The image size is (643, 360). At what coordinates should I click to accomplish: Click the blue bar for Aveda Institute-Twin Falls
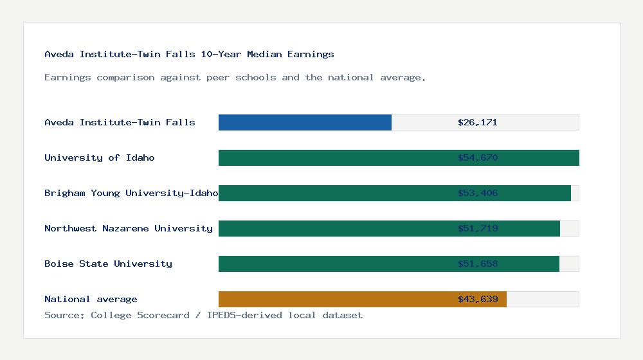[305, 122]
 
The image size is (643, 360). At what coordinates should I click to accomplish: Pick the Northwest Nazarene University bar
[334, 228]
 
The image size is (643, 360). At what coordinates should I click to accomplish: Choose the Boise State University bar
[334, 264]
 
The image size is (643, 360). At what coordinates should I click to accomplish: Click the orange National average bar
[334, 299]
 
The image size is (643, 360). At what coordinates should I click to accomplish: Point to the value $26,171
[478, 122]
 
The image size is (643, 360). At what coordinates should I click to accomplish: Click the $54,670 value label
[478, 157]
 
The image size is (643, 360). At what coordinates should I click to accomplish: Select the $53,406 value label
[478, 193]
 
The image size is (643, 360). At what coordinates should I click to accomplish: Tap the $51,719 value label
[478, 228]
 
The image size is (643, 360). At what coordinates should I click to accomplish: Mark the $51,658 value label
[478, 264]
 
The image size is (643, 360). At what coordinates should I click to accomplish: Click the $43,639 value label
[478, 299]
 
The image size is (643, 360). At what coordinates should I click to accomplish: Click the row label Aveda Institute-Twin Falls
[120, 122]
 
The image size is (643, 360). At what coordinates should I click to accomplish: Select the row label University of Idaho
[100, 157]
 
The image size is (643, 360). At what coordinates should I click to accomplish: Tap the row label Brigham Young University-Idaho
[131, 193]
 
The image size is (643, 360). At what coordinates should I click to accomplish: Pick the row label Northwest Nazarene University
[129, 228]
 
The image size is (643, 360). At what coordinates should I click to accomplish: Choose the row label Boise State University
[108, 264]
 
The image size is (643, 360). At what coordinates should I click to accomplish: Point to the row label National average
[91, 299]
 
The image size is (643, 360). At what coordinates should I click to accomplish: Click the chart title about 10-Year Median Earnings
[189, 54]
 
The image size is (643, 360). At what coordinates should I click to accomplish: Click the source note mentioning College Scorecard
[203, 315]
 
